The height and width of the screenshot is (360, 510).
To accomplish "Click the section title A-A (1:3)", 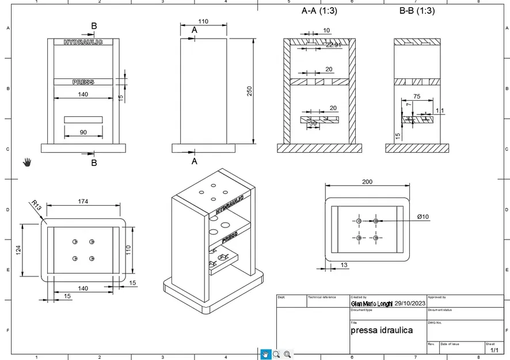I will pyautogui.click(x=319, y=11).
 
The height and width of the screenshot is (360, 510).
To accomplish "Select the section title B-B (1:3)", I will pyautogui.click(x=417, y=11).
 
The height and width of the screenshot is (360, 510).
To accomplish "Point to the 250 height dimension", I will pyautogui.click(x=250, y=91).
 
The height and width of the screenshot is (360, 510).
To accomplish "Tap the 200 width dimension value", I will pyautogui.click(x=367, y=181).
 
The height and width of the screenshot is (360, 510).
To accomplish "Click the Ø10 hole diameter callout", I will pyautogui.click(x=423, y=216).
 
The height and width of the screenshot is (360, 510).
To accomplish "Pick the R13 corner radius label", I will pyautogui.click(x=36, y=205).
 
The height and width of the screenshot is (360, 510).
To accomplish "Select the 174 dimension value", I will pyautogui.click(x=83, y=201).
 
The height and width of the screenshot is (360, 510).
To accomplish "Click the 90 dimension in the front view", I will pyautogui.click(x=83, y=132).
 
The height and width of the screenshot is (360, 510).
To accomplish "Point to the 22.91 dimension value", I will pyautogui.click(x=334, y=45).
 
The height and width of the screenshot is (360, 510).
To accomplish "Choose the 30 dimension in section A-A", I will pyautogui.click(x=313, y=123).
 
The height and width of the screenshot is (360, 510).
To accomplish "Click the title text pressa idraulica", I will pyautogui.click(x=382, y=331).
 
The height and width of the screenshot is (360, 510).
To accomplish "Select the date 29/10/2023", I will pyautogui.click(x=410, y=303).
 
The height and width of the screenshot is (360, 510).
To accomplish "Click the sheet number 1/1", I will pyautogui.click(x=494, y=350).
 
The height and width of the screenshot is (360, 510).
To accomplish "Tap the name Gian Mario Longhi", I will pyautogui.click(x=371, y=303).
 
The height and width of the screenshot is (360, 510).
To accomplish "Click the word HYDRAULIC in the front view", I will pyautogui.click(x=83, y=42).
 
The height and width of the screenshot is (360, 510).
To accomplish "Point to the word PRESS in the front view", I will pyautogui.click(x=83, y=82).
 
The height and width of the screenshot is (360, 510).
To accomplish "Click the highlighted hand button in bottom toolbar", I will pyautogui.click(x=266, y=354).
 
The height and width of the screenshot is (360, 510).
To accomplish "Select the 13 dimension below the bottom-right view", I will pyautogui.click(x=344, y=265).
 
